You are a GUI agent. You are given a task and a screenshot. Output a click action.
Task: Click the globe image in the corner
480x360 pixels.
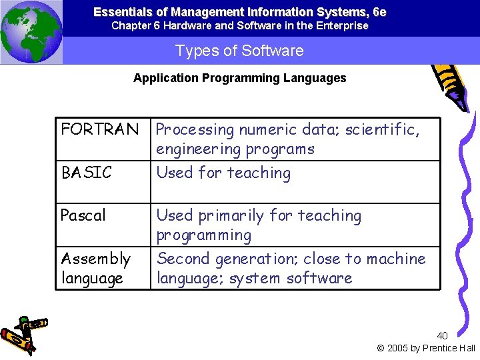point(31,31)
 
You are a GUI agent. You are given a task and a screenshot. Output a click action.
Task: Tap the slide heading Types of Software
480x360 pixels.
point(239,51)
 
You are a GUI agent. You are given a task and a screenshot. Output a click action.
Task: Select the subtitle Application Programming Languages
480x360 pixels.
point(239,78)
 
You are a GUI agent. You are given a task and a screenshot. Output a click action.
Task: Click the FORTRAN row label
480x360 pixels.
point(100,129)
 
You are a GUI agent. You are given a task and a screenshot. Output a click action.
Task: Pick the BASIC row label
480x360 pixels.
point(87,173)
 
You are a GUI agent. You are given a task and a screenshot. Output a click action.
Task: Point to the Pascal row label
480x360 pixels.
point(83,215)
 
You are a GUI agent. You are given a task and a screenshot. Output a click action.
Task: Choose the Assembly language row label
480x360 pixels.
point(95,268)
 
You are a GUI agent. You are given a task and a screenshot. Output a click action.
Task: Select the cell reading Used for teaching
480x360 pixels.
point(223,173)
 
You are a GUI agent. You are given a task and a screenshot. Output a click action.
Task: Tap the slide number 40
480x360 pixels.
point(443,335)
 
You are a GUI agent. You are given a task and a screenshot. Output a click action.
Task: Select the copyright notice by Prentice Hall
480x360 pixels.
point(426,348)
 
